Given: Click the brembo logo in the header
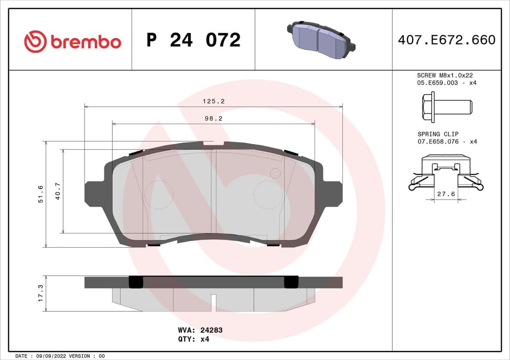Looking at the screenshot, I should tap(73, 42).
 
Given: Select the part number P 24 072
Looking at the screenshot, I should tap(193, 40).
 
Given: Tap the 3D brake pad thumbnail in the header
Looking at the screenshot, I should tap(321, 40).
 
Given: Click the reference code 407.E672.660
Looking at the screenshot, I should tap(446, 40).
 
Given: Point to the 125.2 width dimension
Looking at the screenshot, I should tap(213, 101).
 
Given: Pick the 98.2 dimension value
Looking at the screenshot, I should tap(213, 119).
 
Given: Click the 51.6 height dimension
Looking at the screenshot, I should tap(41, 194).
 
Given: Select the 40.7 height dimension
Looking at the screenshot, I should tap(58, 191).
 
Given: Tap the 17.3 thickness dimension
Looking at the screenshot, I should tap(41, 293).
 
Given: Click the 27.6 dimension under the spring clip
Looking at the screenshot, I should tap(446, 194).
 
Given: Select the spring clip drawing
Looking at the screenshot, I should tap(446, 173).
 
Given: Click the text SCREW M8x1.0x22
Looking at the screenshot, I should tap(445, 75).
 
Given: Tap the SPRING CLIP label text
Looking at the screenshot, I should tap(438, 134).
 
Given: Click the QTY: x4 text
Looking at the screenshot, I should tap(194, 339).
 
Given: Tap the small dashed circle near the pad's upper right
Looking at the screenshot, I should tap(275, 173).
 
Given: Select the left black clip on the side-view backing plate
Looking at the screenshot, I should tap(136, 282).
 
